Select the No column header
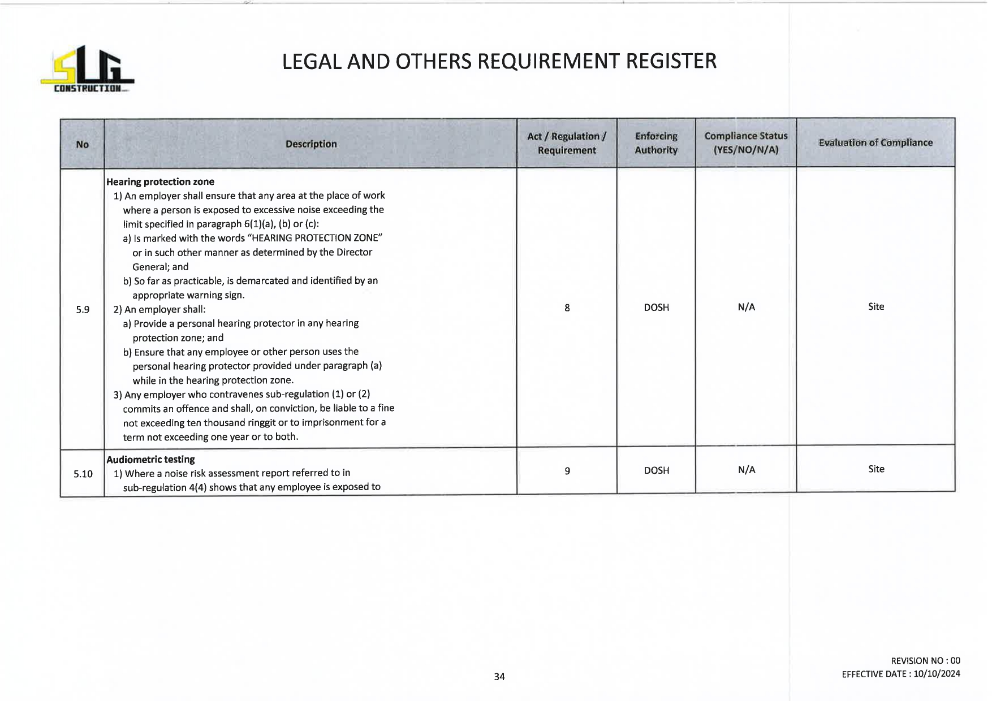[x=83, y=144]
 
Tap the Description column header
[x=311, y=144]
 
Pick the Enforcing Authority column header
[x=656, y=143]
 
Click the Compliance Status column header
[x=746, y=143]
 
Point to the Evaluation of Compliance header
[x=875, y=142]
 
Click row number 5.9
[x=83, y=310]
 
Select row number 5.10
[x=83, y=474]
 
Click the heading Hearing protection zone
[x=161, y=181]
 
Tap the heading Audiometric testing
[x=151, y=459]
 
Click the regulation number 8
[x=567, y=308]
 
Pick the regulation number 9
[x=567, y=471]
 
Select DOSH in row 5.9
[x=657, y=308]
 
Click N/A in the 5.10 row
[x=747, y=470]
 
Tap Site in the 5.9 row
[x=876, y=306]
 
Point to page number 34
[x=499, y=677]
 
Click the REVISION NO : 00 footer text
[x=925, y=660]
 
